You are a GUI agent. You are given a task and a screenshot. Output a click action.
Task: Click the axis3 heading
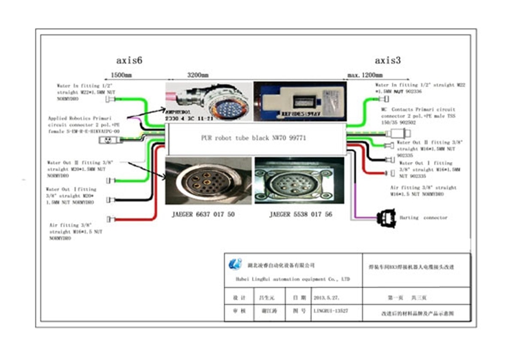(388, 60)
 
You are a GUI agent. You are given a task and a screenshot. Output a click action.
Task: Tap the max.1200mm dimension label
(364, 74)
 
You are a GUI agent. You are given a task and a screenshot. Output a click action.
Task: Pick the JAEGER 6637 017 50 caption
(204, 214)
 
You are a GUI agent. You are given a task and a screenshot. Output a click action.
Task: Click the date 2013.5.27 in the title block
(327, 298)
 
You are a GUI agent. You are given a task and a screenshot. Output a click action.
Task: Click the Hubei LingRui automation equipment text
(288, 280)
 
